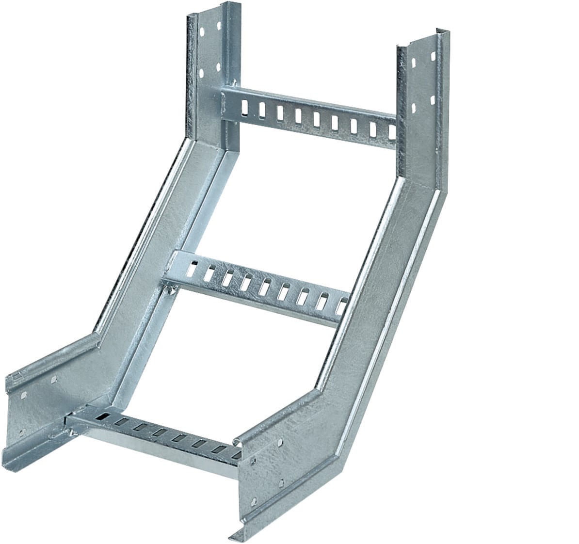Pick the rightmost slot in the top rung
(390, 131)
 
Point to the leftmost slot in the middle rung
(193, 269)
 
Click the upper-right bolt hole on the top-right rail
(433, 56)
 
